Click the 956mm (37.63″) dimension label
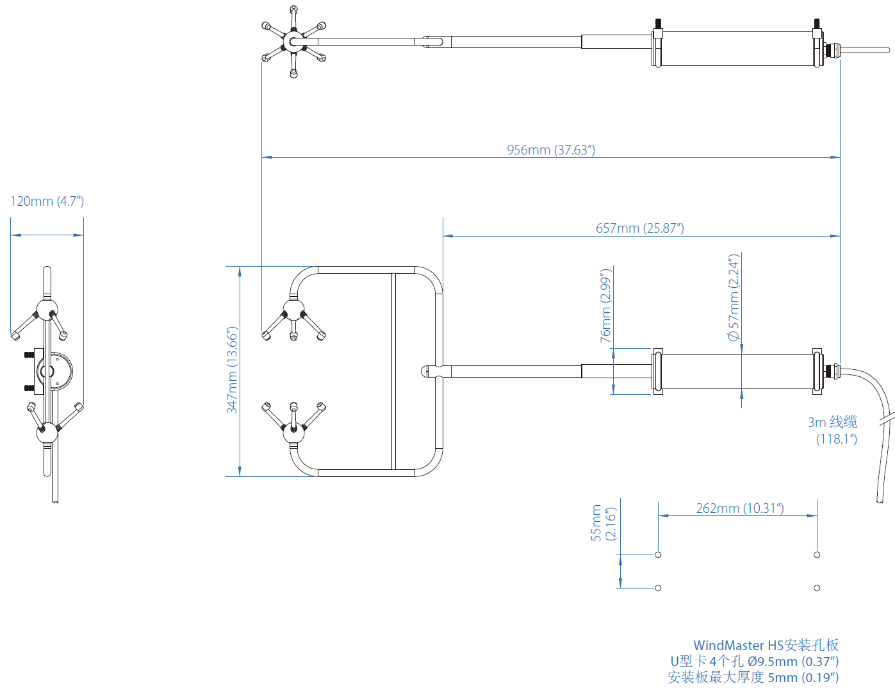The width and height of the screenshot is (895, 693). [551, 149]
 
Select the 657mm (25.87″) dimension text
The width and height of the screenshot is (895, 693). [639, 228]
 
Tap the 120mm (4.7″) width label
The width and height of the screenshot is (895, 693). [47, 201]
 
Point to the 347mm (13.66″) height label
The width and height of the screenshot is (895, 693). [233, 370]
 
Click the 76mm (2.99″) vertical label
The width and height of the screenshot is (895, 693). [605, 306]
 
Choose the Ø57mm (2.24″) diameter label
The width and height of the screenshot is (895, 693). [734, 297]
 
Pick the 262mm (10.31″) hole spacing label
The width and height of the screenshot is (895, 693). [740, 508]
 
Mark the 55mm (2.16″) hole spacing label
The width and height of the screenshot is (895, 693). [603, 523]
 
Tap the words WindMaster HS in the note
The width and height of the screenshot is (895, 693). [737, 645]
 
